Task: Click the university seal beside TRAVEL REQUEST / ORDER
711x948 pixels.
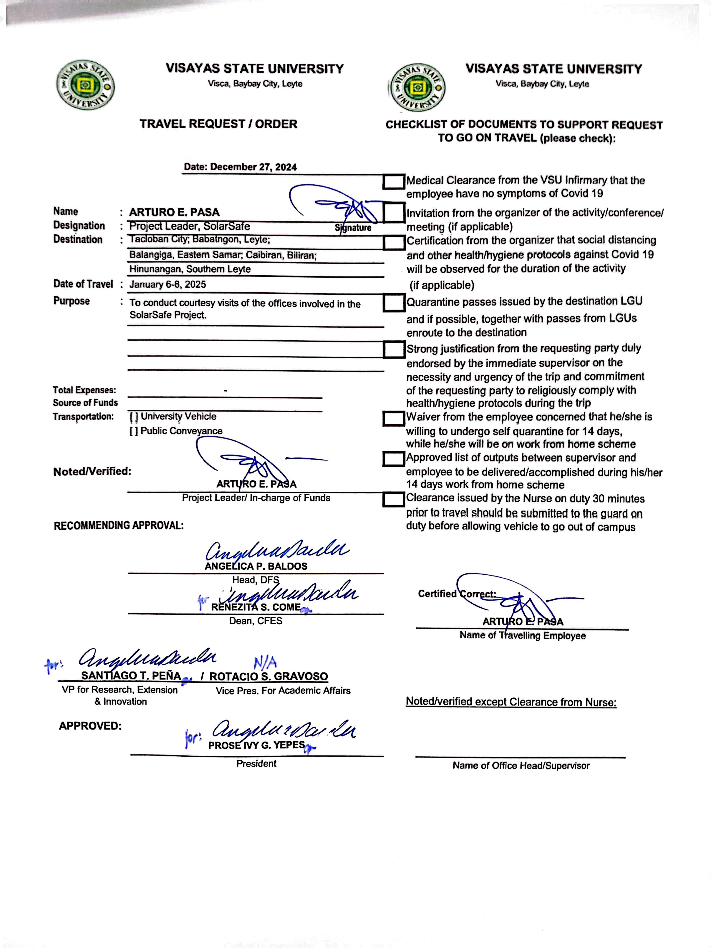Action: tap(85, 85)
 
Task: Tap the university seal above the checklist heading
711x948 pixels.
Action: tap(417, 87)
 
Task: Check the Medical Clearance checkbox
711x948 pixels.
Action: tap(393, 181)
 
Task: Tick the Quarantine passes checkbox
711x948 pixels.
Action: tap(393, 303)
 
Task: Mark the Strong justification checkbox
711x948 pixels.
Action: tap(393, 349)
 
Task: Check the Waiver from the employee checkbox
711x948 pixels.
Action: tap(393, 419)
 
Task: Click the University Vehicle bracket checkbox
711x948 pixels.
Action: tap(134, 417)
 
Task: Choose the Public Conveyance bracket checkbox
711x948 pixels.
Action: tap(134, 431)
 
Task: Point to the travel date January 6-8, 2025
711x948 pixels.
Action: tap(168, 285)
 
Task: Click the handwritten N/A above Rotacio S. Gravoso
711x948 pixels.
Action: tap(265, 663)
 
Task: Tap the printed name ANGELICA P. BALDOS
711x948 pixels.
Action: tap(256, 566)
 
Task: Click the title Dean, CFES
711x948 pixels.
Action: tap(256, 621)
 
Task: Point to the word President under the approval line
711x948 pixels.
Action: tap(256, 763)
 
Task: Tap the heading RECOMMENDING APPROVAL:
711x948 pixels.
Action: tap(119, 526)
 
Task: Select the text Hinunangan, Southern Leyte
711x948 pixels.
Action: tap(190, 269)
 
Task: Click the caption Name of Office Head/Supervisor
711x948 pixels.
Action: tap(521, 765)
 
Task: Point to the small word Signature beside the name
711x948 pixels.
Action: tap(353, 228)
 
